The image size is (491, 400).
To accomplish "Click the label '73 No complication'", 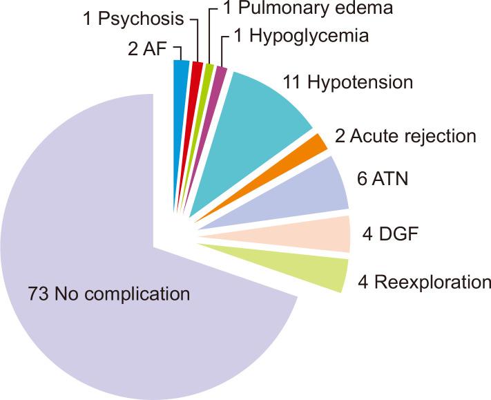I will click(108, 294).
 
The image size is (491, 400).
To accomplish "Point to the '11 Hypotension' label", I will click(348, 83).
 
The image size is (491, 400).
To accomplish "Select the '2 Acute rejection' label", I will click(405, 136).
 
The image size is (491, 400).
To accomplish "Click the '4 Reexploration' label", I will click(423, 283).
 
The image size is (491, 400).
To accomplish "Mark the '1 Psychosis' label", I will click(133, 18).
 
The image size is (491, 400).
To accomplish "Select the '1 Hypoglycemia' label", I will click(301, 35).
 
